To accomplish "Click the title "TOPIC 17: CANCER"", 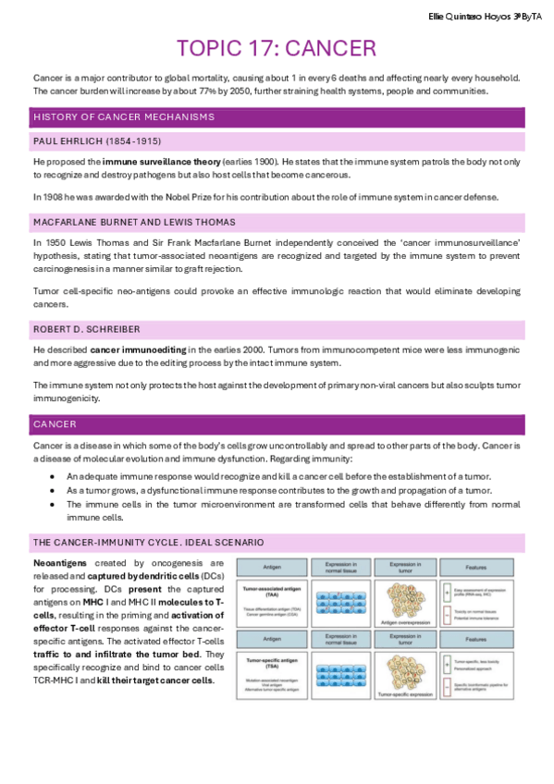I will pos(276,48).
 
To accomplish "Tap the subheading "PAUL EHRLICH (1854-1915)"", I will pos(97,141).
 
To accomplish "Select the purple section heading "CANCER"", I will pos(55,423).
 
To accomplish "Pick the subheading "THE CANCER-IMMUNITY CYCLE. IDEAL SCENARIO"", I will pos(148,541).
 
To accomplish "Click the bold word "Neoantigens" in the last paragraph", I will pos(64,562).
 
